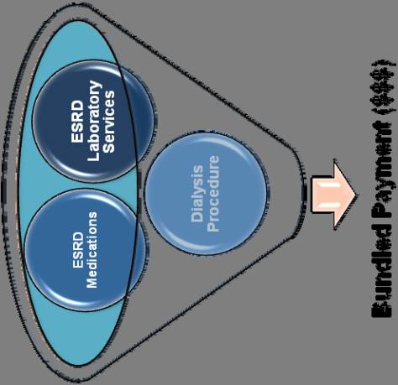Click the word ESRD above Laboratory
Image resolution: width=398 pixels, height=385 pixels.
tap(77, 122)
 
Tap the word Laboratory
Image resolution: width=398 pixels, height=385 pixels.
tap(93, 121)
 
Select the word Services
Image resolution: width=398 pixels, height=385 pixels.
tap(109, 122)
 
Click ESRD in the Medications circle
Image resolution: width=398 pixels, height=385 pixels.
tap(78, 250)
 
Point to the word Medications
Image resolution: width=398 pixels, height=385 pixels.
tap(92, 250)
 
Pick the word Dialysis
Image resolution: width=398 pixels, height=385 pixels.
tap(197, 194)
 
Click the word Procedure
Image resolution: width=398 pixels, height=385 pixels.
tap(213, 194)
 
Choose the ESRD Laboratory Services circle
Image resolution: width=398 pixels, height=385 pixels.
tap(93, 121)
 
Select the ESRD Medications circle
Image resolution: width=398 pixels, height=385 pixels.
tap(86, 250)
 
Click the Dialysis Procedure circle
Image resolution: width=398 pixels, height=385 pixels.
tap(206, 194)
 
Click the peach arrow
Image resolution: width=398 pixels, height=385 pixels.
tap(333, 195)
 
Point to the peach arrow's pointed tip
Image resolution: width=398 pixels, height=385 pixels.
tap(356, 195)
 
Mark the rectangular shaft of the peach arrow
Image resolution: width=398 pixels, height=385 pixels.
tap(322, 195)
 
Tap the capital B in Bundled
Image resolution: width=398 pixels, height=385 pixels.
tap(381, 310)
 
